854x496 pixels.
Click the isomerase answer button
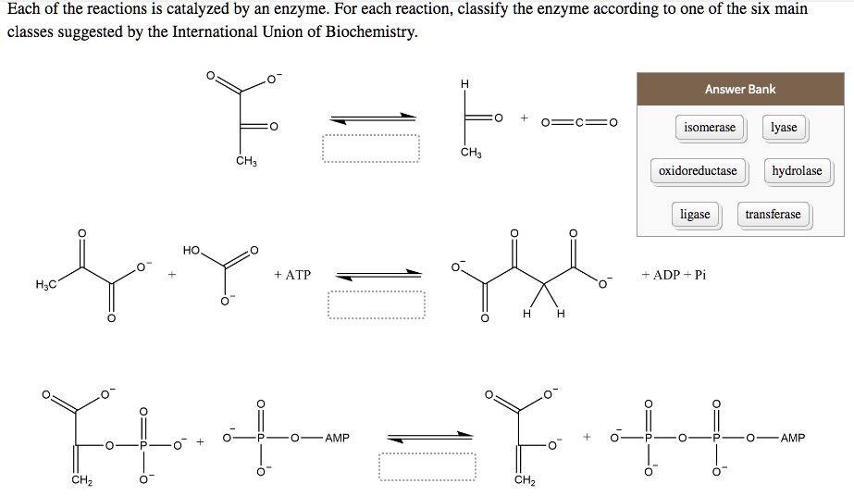[709, 128]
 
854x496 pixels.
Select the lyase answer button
[783, 128]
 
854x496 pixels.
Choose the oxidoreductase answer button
[698, 171]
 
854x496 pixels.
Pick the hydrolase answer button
[797, 171]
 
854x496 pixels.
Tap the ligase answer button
[695, 215]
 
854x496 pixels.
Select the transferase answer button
[773, 215]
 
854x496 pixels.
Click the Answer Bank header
[739, 90]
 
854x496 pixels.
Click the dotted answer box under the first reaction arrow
[370, 149]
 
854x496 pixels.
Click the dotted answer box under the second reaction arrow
[376, 305]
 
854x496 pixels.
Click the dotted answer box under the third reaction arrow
[427, 465]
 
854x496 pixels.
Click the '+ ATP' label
[292, 275]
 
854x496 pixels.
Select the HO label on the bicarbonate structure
[192, 251]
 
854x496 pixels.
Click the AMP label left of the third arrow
[337, 438]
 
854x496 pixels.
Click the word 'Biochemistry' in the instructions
[365, 32]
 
